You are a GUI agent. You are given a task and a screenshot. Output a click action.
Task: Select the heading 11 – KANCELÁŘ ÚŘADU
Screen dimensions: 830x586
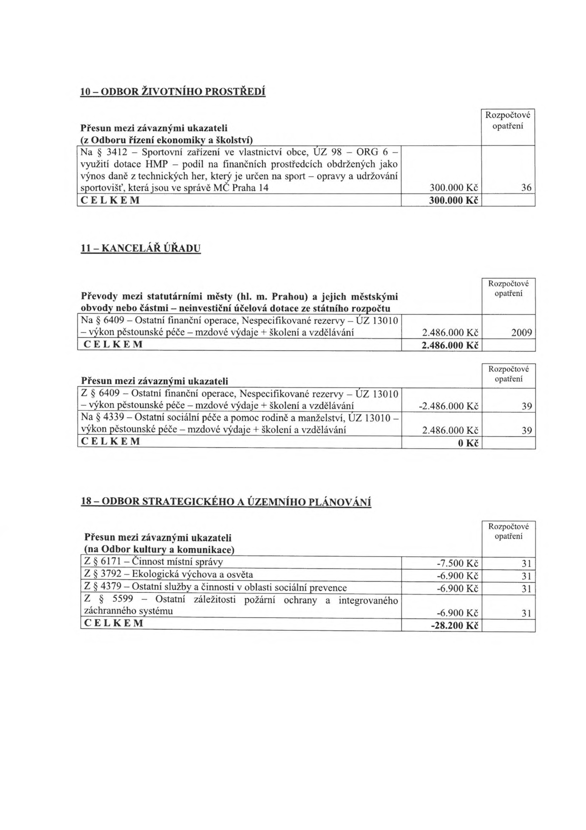141,248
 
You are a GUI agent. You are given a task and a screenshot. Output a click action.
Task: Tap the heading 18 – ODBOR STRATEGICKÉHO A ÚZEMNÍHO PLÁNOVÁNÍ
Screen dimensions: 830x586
226,502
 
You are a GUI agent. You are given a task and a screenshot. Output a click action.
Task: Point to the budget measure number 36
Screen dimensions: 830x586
526,188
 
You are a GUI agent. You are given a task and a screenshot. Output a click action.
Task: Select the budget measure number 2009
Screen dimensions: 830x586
522,333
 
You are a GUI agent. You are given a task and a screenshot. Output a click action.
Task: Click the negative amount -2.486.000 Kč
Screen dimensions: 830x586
448,406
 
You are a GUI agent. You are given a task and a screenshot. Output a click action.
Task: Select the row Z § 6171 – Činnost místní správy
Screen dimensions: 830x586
153,562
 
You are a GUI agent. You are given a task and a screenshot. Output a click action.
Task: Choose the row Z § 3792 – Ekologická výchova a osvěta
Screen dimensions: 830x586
168,574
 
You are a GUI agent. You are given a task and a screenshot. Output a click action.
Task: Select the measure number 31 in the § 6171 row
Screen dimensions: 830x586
526,564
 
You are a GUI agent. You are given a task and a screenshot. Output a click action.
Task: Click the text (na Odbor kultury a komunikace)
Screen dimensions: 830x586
160,550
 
